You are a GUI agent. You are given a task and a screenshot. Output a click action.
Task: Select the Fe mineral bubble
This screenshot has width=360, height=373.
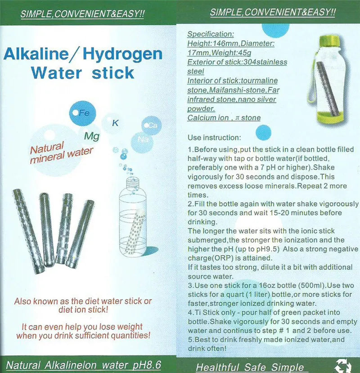tap(82, 113)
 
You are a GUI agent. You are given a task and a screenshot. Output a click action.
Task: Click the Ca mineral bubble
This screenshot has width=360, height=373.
tap(152, 126)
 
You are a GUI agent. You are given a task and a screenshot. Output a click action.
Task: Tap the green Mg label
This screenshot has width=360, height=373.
tap(92, 135)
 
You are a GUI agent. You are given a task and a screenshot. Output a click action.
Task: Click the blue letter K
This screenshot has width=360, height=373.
tap(115, 123)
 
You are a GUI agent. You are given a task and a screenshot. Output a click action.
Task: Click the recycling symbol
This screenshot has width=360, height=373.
tap(343, 365)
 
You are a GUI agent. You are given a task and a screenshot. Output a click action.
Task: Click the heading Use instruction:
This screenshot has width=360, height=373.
tap(214, 137)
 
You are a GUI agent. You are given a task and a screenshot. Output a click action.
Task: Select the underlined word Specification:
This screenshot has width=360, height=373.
tap(210, 34)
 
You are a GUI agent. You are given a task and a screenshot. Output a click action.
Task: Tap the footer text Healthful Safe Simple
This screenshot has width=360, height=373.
tap(250, 367)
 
